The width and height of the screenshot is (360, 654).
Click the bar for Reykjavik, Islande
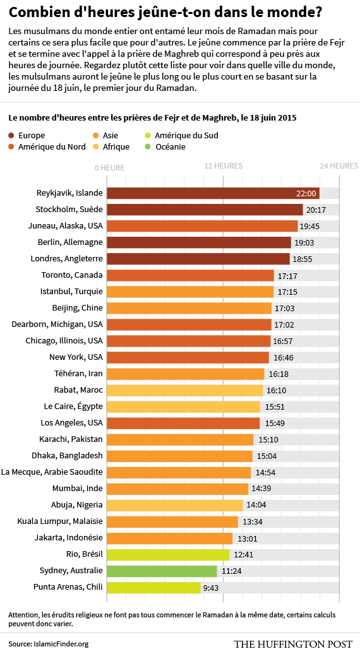(213, 193)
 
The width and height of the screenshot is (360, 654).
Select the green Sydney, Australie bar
(162, 571)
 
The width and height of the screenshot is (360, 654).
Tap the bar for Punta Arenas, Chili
(154, 587)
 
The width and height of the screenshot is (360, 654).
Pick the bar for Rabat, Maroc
(185, 390)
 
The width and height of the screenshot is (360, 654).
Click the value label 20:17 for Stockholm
(316, 210)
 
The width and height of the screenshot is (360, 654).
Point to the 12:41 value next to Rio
(244, 555)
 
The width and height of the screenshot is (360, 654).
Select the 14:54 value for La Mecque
(266, 473)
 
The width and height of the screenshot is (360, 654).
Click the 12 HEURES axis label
(223, 166)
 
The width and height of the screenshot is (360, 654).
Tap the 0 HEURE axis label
(110, 168)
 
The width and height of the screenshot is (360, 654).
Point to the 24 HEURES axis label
(339, 166)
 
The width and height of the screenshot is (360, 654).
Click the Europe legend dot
(11, 136)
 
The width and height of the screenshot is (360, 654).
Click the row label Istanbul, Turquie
(71, 292)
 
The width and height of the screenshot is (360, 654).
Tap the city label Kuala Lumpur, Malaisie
(60, 522)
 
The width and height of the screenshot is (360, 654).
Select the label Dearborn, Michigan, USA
(57, 324)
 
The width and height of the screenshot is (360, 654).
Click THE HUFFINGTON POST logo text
(293, 644)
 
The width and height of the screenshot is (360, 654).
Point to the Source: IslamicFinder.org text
(49, 645)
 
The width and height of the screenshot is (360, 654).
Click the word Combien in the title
(33, 13)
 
